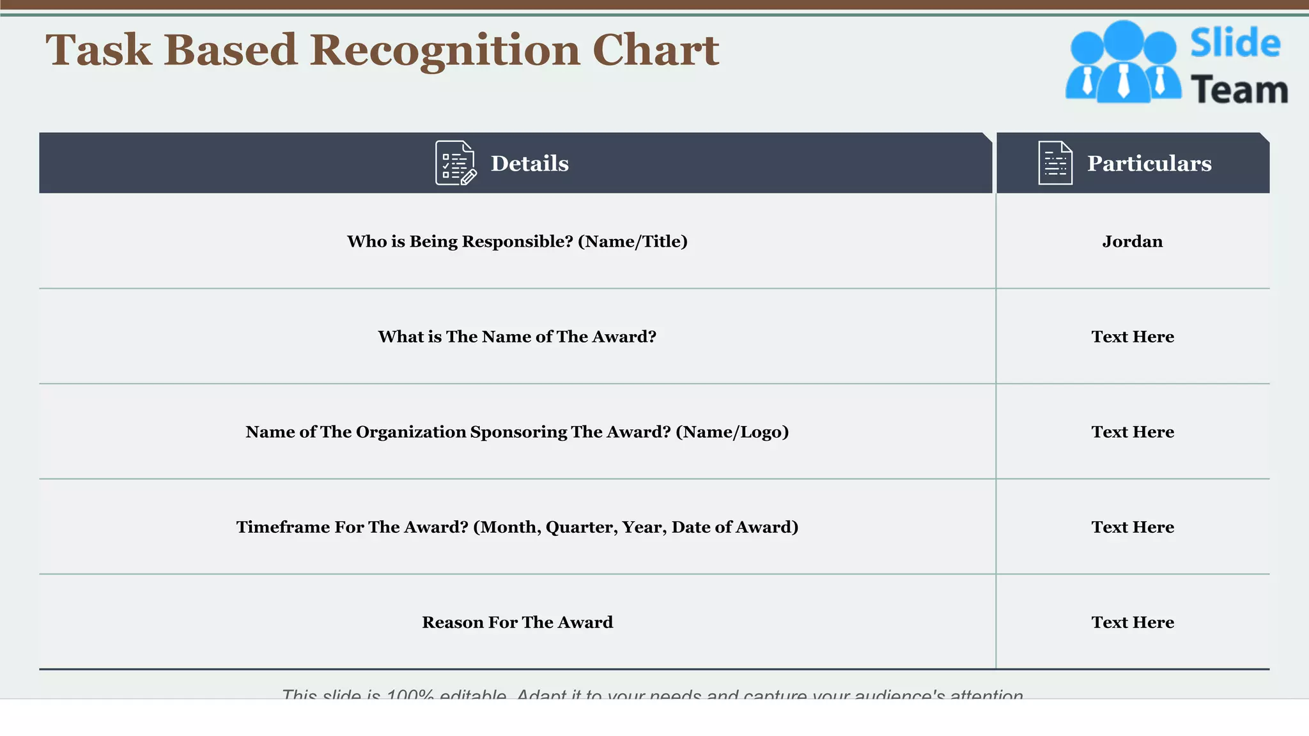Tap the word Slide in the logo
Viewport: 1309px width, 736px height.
1235,43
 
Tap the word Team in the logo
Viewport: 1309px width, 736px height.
1239,90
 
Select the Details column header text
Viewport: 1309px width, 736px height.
529,164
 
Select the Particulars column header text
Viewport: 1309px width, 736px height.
1149,164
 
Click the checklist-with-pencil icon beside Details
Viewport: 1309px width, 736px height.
455,164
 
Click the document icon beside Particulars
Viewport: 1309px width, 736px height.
1055,164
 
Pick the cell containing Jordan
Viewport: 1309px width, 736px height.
1132,241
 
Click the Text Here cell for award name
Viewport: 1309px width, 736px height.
1132,337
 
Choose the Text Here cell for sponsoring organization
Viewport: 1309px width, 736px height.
1132,432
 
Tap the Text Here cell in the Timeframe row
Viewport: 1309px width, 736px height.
1132,527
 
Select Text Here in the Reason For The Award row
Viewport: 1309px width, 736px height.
1132,622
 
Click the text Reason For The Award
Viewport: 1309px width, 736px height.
517,622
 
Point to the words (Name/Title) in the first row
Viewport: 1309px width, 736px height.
632,241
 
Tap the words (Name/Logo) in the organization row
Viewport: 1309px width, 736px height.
732,433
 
